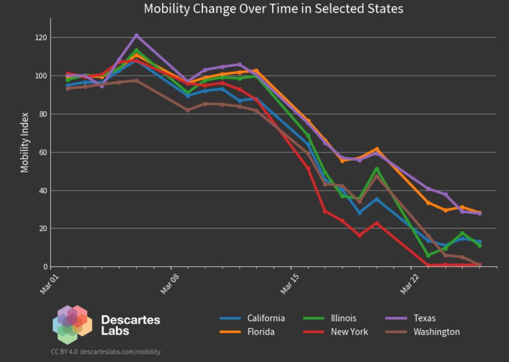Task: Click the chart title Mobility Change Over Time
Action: pyautogui.click(x=273, y=9)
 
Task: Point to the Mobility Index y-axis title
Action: pyautogui.click(x=25, y=143)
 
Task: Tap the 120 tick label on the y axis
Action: pyautogui.click(x=41, y=38)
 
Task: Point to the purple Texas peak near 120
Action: pyautogui.click(x=137, y=36)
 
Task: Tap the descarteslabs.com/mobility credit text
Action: pyautogui.click(x=120, y=352)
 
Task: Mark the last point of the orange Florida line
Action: pyautogui.click(x=480, y=212)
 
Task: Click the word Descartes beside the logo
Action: pyautogui.click(x=131, y=320)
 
